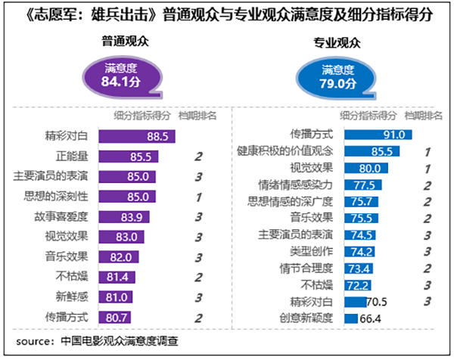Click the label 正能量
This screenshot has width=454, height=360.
point(76,157)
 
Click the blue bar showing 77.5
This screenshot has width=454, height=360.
point(362,185)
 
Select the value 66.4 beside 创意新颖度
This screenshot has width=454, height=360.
point(372,318)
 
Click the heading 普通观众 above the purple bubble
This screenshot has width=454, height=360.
point(124,40)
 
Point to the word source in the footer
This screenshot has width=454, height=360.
point(31,339)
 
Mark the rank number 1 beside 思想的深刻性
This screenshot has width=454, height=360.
point(198,197)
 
